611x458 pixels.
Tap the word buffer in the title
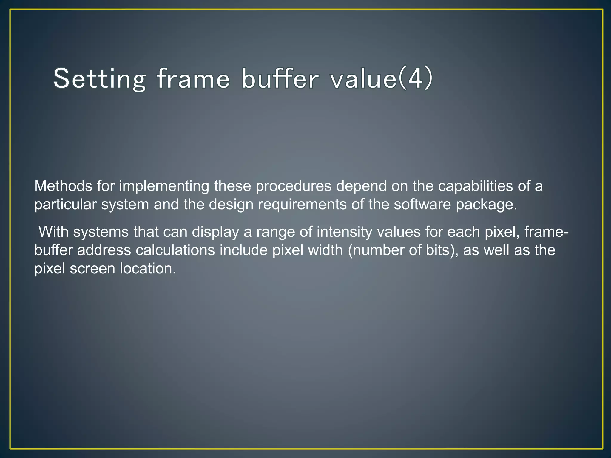click(280, 79)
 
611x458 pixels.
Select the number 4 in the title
click(415, 78)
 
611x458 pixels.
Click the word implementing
click(164, 186)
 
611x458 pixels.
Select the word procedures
click(294, 187)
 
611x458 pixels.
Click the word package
click(486, 205)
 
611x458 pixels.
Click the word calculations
click(175, 250)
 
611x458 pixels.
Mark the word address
click(104, 250)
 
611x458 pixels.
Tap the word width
click(325, 250)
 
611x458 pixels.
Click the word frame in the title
click(193, 79)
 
